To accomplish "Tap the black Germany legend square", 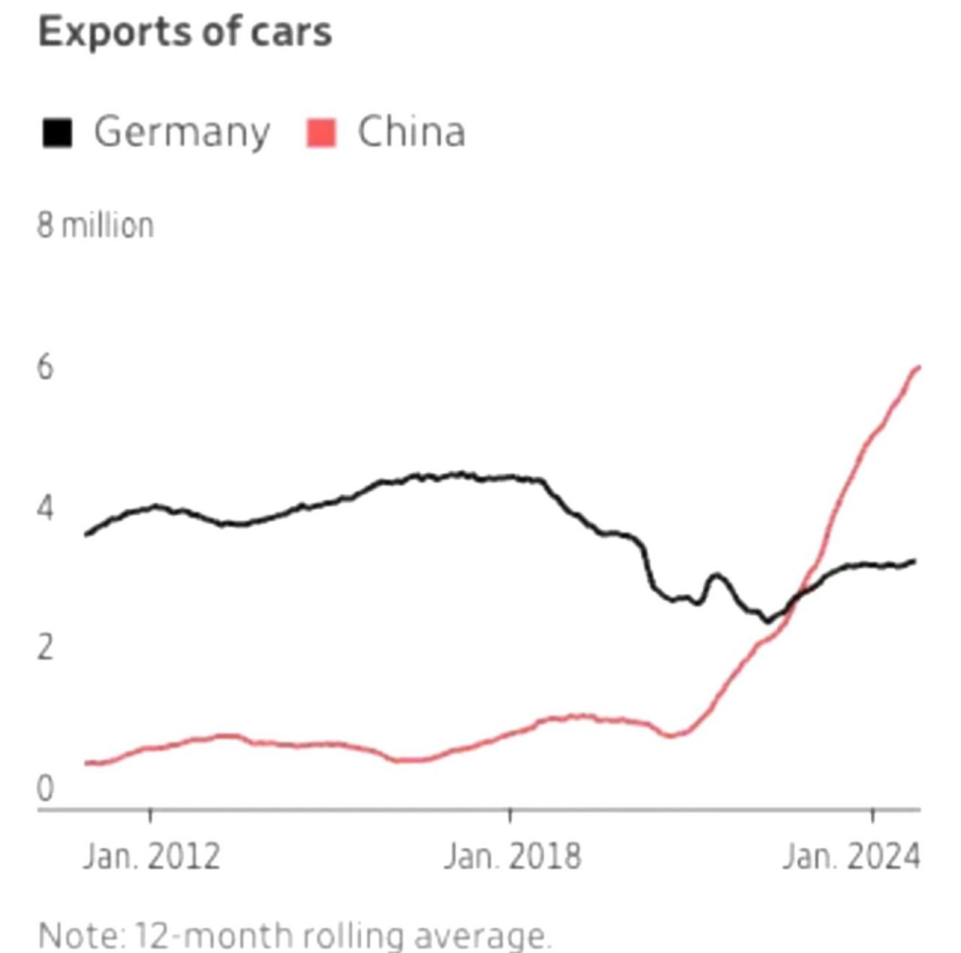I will [x=58, y=133].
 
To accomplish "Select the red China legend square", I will [x=321, y=133].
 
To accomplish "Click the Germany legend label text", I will [x=181, y=133].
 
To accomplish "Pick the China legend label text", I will [x=411, y=131].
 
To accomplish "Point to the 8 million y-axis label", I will [x=95, y=225].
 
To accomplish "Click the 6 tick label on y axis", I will [x=45, y=367].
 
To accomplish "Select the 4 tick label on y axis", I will [x=45, y=508].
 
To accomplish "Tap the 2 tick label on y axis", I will [x=45, y=647].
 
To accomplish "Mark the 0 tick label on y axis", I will [x=45, y=789].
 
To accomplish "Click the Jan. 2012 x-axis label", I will [x=151, y=856].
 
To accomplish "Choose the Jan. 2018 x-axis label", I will [x=511, y=856].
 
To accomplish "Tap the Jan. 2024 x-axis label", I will [x=851, y=856].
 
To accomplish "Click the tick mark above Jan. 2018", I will [x=510, y=816].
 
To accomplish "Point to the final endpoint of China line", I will [x=919, y=367].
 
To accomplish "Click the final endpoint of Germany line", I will [x=914, y=561].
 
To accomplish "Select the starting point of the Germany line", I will [x=86, y=534].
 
